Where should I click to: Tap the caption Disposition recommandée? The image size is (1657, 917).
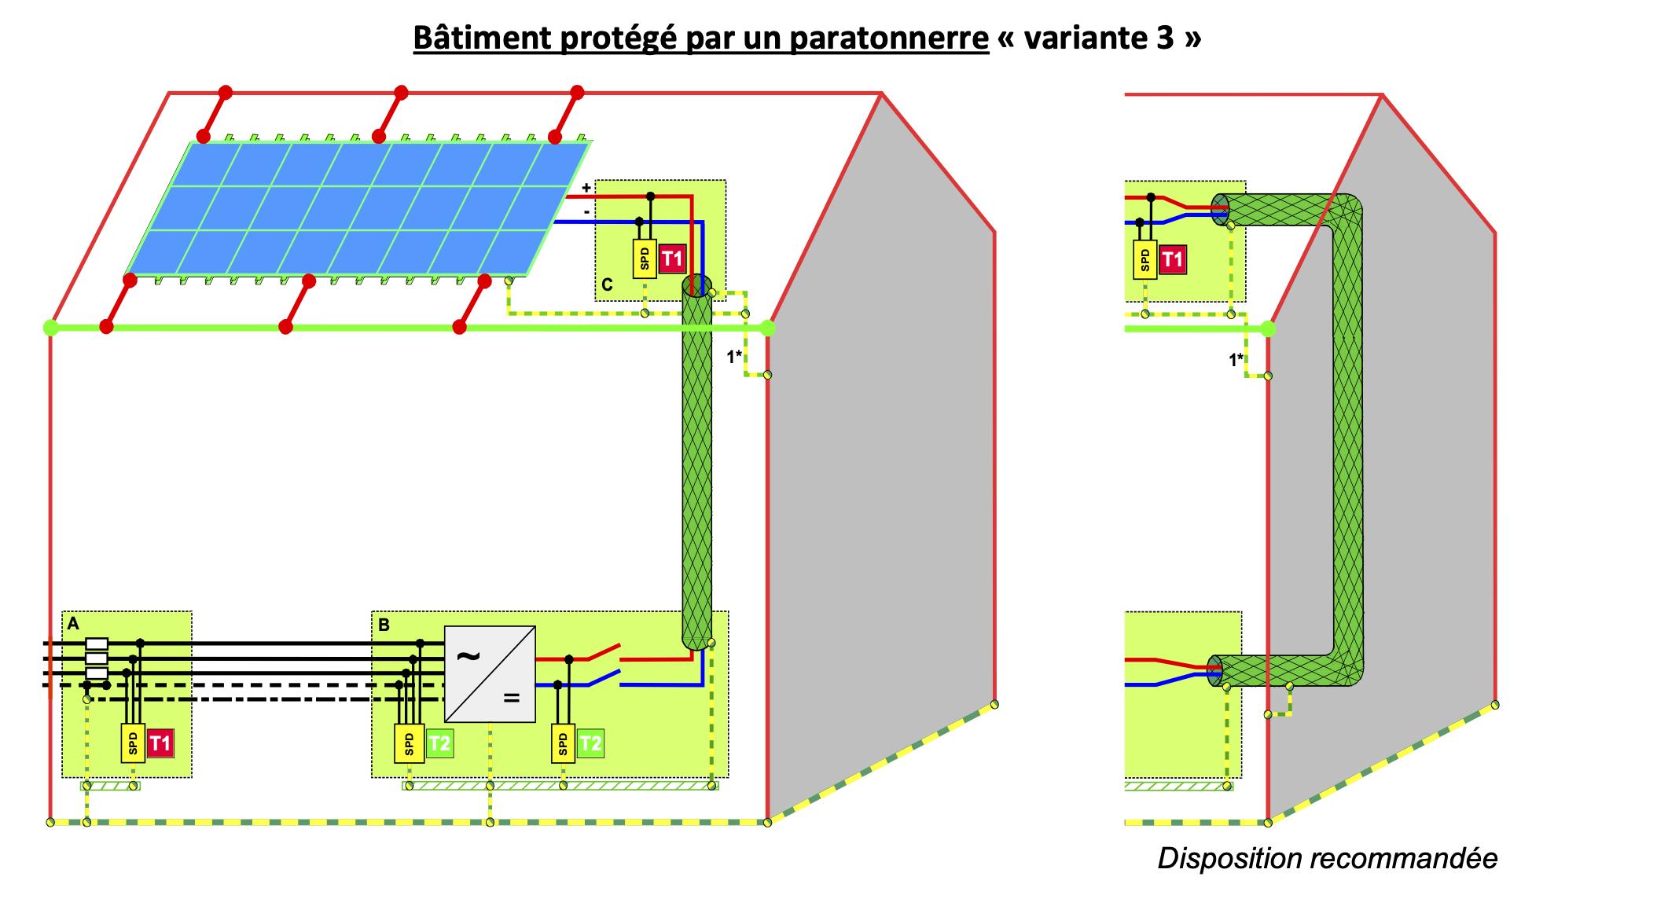(1327, 858)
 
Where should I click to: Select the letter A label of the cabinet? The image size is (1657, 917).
(73, 624)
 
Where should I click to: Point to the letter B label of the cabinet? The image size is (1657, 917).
(384, 625)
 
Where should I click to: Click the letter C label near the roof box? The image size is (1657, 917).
(607, 285)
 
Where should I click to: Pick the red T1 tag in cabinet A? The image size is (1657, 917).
(160, 743)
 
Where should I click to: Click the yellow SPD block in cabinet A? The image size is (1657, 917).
(133, 743)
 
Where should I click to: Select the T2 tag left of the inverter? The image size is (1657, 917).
(439, 743)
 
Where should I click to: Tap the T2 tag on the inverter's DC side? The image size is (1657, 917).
(590, 743)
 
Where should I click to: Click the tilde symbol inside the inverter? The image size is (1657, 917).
(468, 655)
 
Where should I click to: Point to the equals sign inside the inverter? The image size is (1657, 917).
(512, 697)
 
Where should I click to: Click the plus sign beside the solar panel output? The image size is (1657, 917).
(586, 188)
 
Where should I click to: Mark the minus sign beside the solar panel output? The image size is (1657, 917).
(586, 212)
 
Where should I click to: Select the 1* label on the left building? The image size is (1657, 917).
(734, 357)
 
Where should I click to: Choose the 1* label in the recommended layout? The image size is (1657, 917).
(1236, 360)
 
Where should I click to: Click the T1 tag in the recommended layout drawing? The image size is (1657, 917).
(1172, 259)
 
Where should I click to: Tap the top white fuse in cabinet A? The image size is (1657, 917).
(97, 644)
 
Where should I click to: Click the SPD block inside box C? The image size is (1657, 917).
(645, 259)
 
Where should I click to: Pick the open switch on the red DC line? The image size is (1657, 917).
(604, 653)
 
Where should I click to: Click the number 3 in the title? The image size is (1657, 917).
(1166, 38)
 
